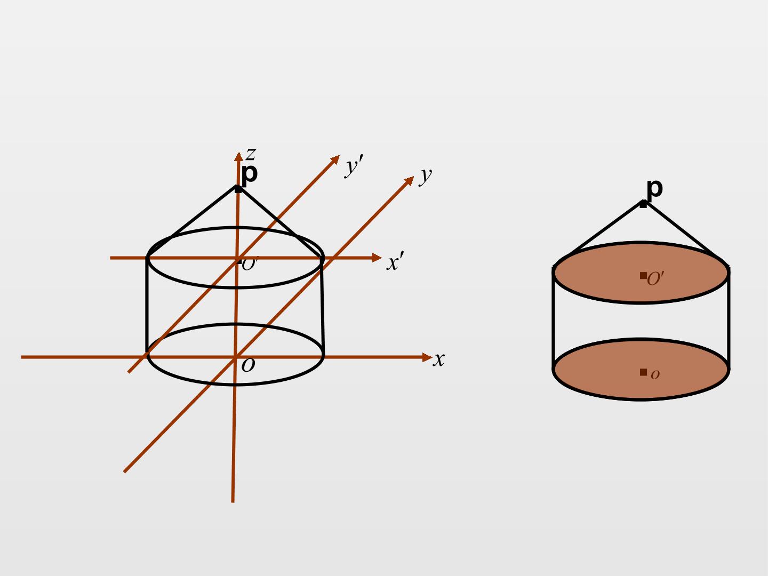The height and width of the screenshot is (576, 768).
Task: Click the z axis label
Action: point(251,154)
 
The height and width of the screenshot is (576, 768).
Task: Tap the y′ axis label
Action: point(354,166)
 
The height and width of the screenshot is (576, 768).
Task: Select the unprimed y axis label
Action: point(426,176)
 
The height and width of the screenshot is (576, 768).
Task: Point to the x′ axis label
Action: point(395,261)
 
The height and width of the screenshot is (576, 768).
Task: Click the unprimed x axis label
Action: point(438,359)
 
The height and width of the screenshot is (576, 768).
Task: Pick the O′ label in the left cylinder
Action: point(250,264)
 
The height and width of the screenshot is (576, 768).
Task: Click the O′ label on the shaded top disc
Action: point(655,278)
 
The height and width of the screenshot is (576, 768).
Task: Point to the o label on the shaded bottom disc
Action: point(655,374)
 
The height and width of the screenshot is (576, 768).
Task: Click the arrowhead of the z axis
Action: point(238,156)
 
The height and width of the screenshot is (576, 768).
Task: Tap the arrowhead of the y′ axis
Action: point(335,159)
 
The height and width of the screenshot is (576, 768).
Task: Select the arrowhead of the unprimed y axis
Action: point(410,181)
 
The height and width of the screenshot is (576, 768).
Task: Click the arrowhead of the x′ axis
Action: point(377,258)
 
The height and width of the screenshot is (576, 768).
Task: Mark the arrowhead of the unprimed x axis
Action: point(427,357)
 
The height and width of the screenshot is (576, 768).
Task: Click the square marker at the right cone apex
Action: point(643,204)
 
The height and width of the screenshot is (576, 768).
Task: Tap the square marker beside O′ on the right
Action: point(643,276)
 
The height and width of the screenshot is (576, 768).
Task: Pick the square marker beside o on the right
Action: point(643,372)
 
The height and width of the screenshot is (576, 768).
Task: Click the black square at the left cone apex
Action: point(238,189)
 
